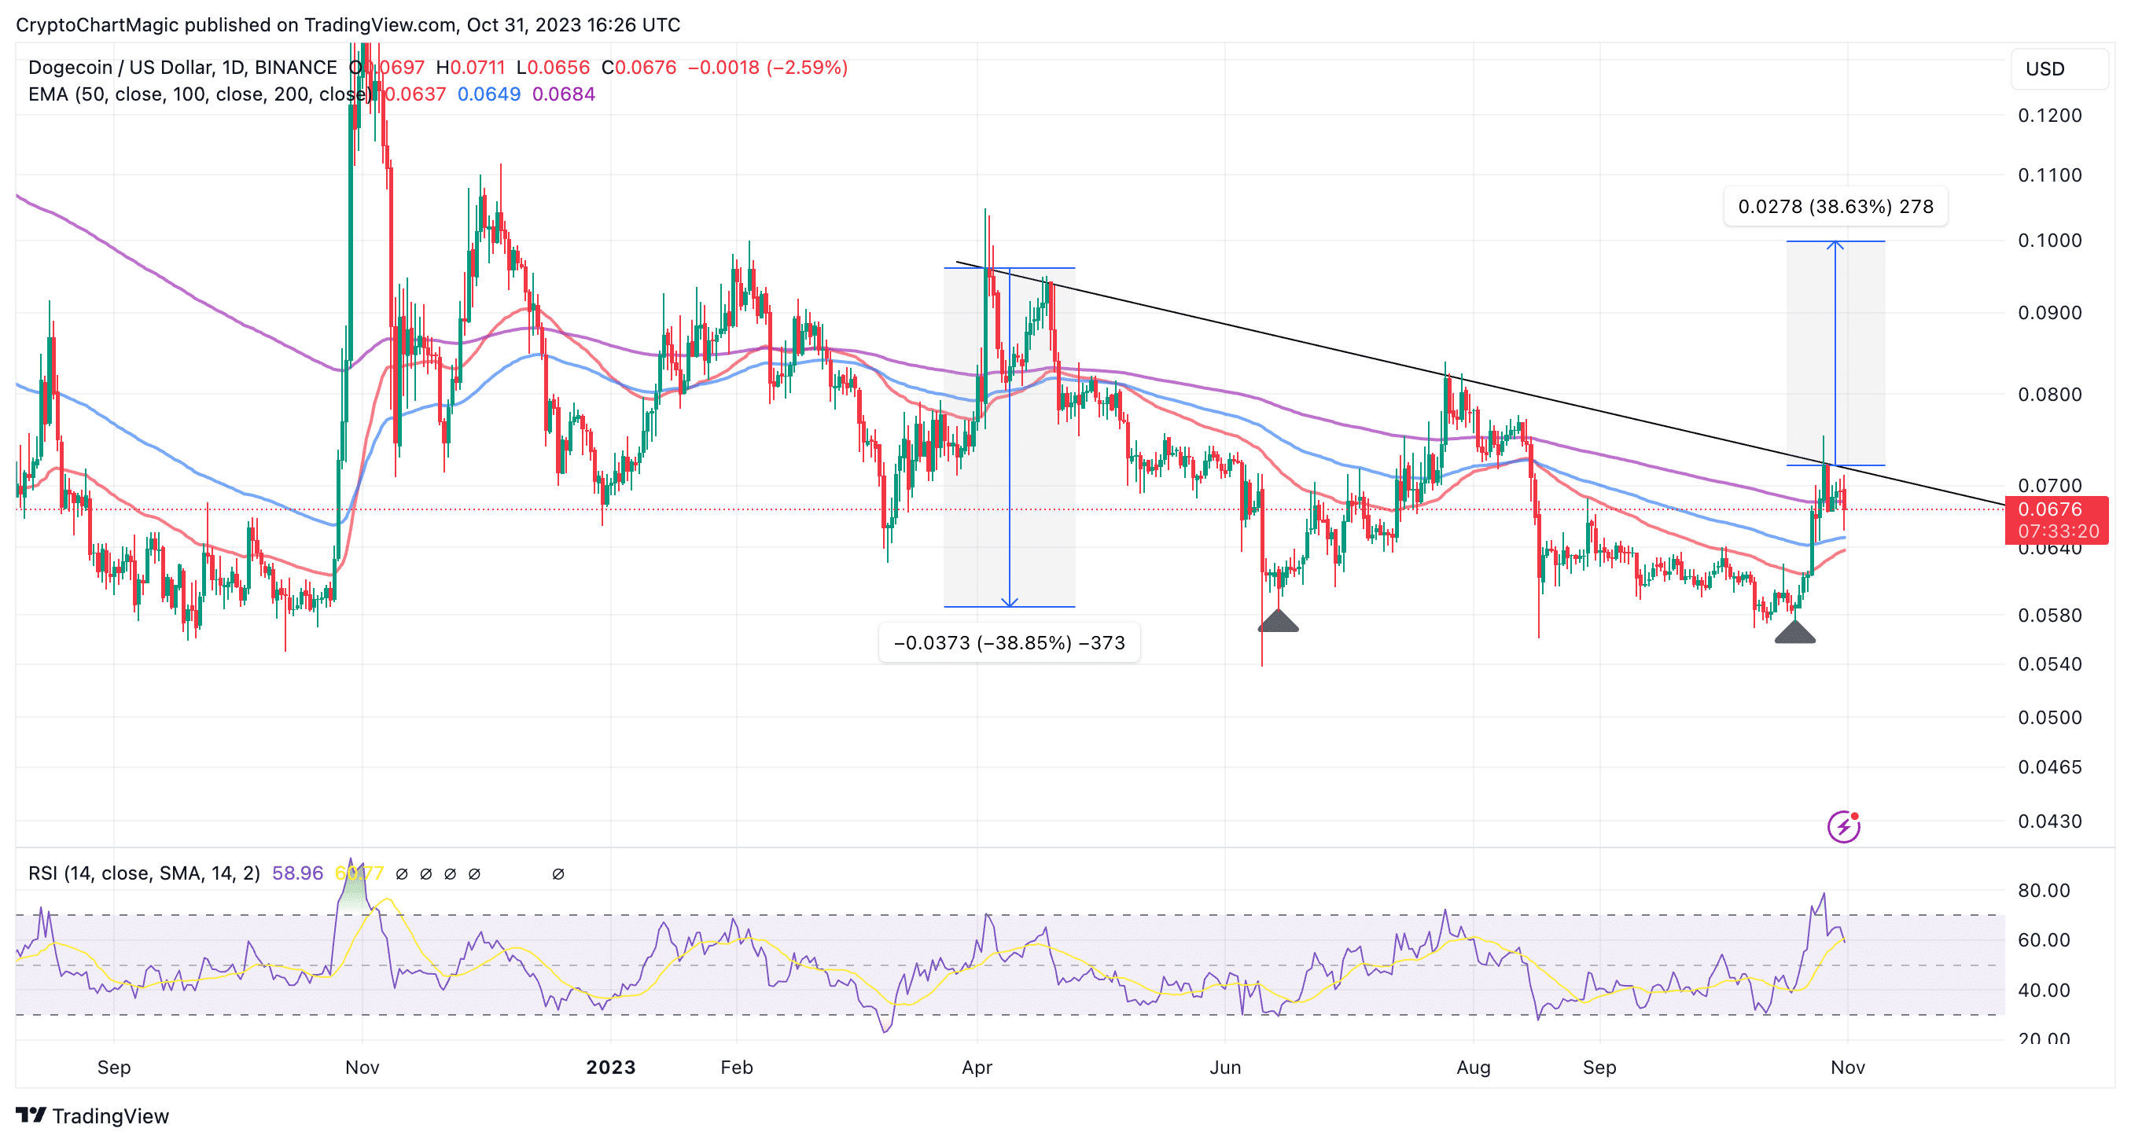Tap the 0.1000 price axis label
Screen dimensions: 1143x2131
2049,241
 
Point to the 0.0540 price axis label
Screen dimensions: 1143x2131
2049,664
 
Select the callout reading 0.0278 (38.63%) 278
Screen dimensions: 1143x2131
1835,207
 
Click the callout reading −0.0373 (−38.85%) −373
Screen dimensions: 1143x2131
1009,642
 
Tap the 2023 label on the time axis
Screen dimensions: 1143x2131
610,1067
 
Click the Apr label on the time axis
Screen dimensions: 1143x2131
977,1067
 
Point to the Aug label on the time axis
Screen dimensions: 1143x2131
1474,1067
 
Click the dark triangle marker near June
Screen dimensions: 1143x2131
1278,622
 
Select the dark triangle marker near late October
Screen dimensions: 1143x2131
1794,633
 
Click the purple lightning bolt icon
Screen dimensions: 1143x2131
1843,826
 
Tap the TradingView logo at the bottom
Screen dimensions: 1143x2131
93,1115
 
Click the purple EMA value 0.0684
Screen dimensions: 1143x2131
563,94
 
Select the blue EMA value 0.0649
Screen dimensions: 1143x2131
489,94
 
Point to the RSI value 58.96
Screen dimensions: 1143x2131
297,873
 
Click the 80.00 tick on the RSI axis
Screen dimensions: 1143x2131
2043,891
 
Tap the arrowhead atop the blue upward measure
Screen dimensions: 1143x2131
1835,244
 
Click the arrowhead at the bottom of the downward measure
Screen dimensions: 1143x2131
1009,602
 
